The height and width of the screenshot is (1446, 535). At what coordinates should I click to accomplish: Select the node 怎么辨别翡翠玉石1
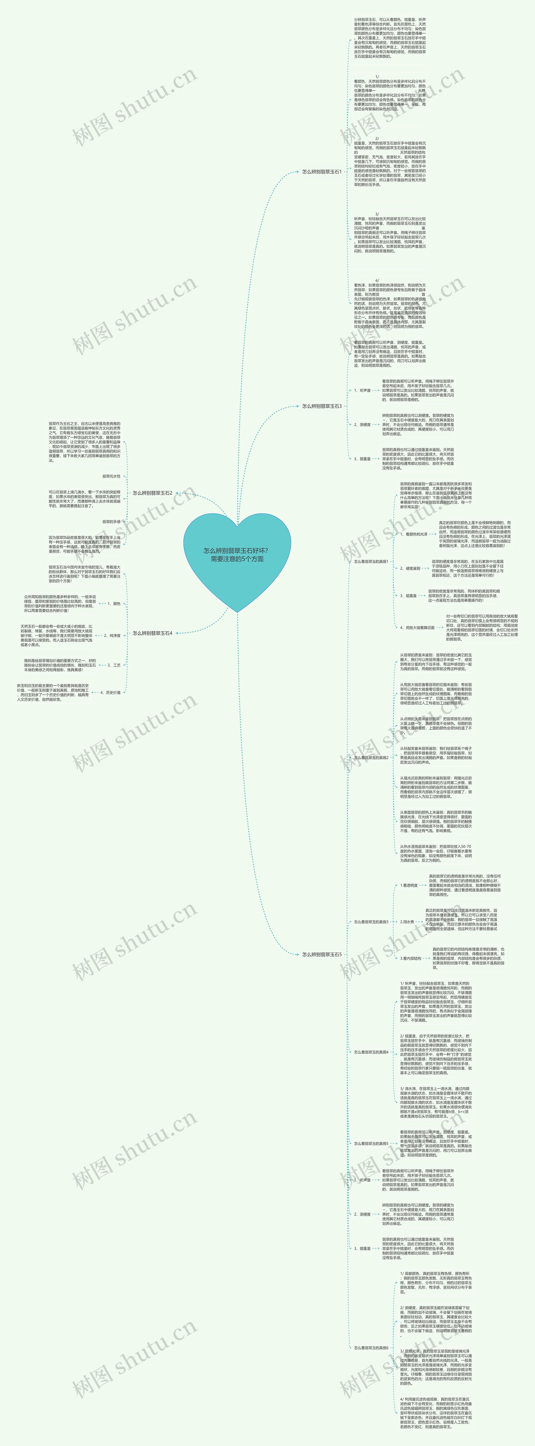click(321, 172)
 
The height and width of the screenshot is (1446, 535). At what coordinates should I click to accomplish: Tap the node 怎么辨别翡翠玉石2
click(152, 493)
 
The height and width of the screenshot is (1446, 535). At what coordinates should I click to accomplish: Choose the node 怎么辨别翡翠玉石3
click(321, 406)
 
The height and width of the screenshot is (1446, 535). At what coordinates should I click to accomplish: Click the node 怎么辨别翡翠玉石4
click(152, 633)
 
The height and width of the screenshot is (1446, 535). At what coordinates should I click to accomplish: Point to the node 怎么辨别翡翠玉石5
click(321, 954)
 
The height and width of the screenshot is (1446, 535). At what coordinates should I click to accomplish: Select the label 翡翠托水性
click(111, 476)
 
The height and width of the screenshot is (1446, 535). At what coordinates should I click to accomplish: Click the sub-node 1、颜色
click(114, 604)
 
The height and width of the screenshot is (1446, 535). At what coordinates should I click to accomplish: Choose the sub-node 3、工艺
click(114, 665)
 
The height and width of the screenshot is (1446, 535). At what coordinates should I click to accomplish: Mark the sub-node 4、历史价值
click(110, 693)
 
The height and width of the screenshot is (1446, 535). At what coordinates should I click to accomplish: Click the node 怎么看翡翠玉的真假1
click(371, 561)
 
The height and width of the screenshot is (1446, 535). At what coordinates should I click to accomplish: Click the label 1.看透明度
click(409, 885)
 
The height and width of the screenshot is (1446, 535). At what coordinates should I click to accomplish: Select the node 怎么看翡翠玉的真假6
click(371, 1347)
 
